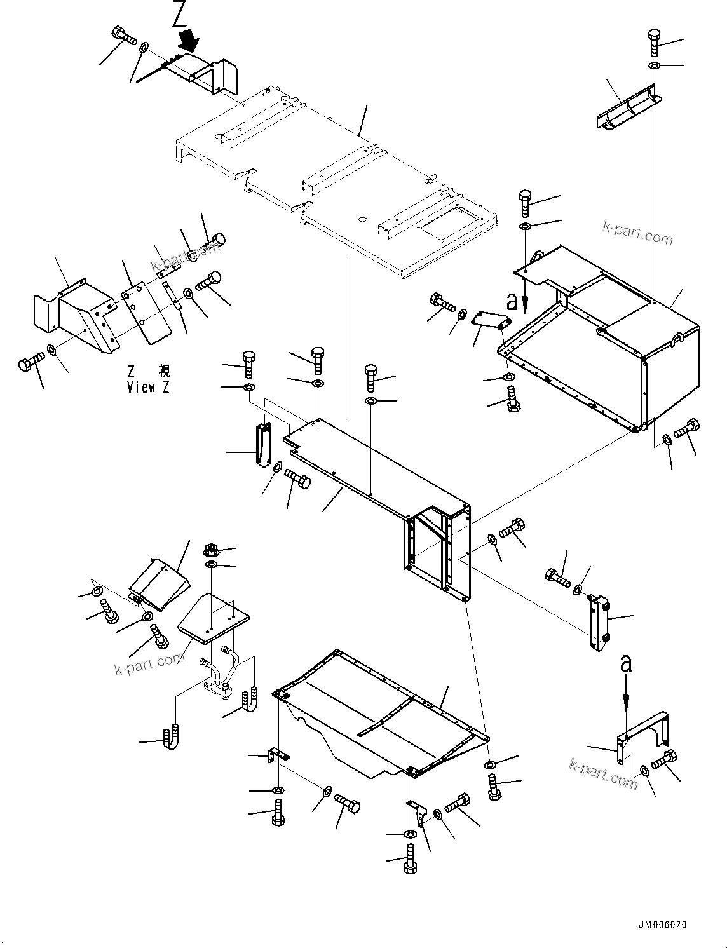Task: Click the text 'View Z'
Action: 148,387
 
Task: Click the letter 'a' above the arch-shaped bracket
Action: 626,664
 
